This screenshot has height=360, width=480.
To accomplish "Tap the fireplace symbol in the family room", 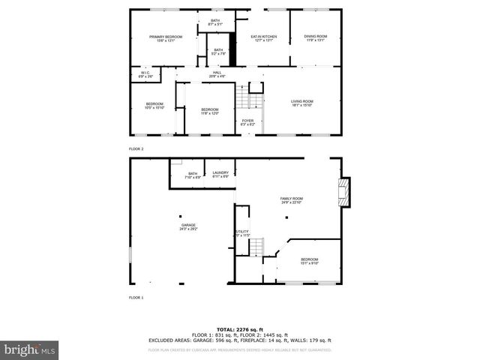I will (343, 192).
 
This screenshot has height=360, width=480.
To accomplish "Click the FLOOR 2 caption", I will (136, 149).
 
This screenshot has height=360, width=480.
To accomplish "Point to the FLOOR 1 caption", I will (136, 298).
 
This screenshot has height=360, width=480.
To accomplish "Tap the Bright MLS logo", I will (30, 349).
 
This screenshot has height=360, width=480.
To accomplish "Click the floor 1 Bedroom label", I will (310, 260).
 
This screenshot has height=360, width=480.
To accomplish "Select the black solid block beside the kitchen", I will (232, 49).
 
